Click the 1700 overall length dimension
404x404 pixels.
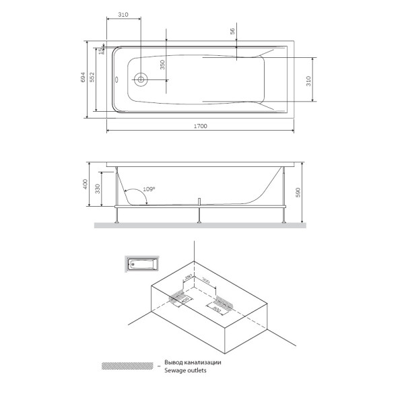[201, 126]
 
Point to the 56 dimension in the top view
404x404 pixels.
[232, 32]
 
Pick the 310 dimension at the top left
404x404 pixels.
[123, 14]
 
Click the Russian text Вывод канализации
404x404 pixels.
[192, 362]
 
